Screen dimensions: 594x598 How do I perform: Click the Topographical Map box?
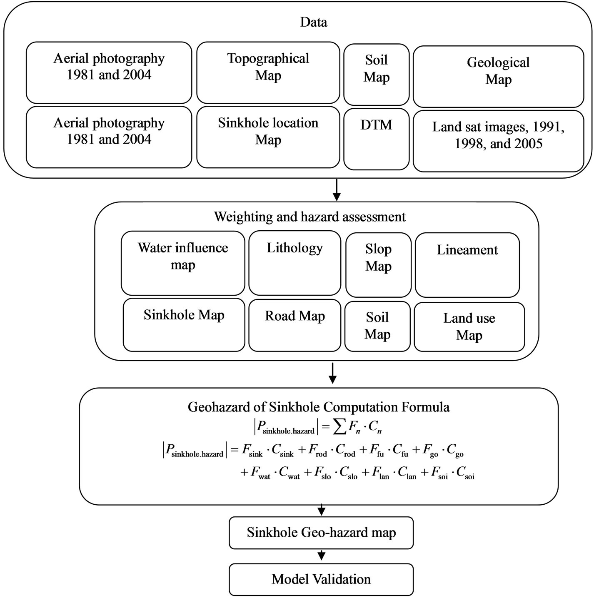click(x=268, y=72)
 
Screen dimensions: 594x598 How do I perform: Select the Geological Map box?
click(x=498, y=76)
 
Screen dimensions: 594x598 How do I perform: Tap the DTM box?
click(x=376, y=139)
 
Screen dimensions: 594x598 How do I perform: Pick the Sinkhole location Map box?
click(x=268, y=137)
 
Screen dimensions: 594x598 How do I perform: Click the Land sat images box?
click(x=498, y=141)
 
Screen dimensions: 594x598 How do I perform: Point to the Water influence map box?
click(x=183, y=263)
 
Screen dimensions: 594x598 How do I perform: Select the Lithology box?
click(x=295, y=263)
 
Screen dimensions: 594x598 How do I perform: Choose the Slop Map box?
click(x=378, y=265)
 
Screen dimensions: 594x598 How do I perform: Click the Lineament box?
click(x=467, y=265)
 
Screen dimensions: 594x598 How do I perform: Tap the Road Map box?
click(x=295, y=325)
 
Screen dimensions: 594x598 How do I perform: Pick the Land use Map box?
click(x=469, y=327)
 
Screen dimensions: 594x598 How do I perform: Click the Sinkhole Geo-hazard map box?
click(x=321, y=533)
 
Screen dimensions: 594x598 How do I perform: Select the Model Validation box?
click(x=321, y=579)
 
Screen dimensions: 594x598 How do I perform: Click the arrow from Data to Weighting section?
click(x=337, y=190)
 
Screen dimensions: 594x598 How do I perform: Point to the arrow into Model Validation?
click(x=322, y=556)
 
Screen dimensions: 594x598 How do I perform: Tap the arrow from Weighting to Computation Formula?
click(x=332, y=373)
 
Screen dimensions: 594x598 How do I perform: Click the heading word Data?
click(x=314, y=22)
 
